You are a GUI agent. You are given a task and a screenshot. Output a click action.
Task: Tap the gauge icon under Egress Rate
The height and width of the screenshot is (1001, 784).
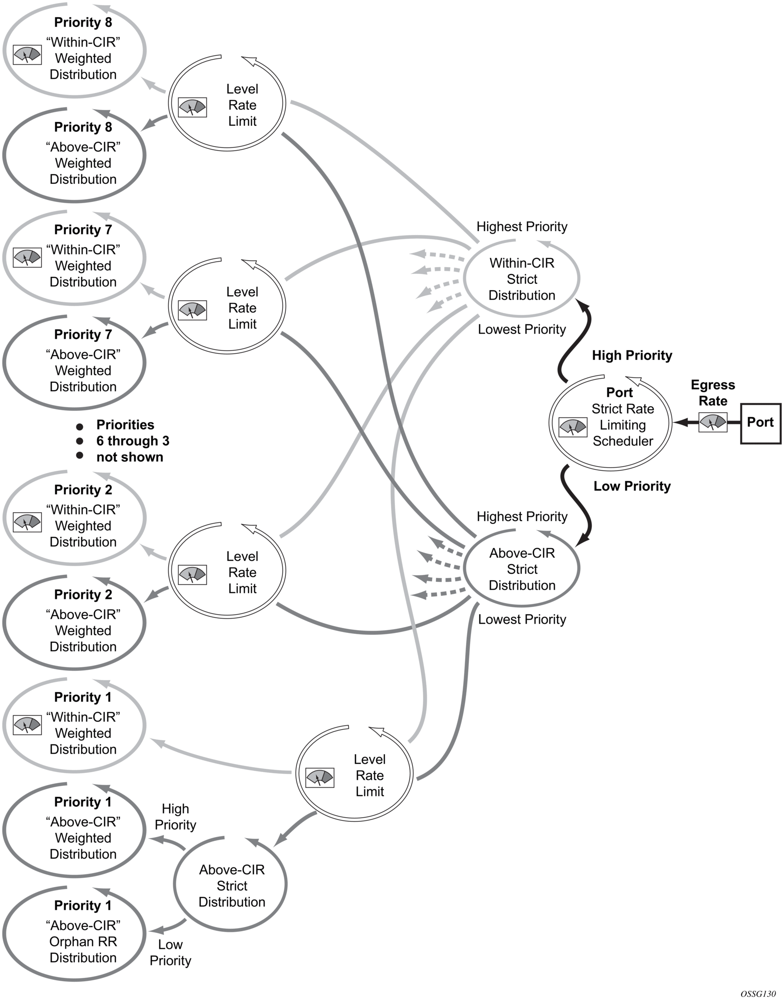coord(713,422)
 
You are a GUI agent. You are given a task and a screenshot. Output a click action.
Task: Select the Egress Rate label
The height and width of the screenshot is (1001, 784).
coord(713,392)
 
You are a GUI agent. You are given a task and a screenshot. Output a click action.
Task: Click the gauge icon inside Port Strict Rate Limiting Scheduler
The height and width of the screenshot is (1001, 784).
coord(572,427)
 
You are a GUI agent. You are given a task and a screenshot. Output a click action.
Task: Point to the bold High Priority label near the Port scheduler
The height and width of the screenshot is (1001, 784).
coord(632,355)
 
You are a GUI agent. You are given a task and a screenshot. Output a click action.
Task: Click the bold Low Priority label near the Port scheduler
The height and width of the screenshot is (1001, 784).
coord(632,486)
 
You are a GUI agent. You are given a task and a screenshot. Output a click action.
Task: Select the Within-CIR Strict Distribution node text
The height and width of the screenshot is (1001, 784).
coord(522,279)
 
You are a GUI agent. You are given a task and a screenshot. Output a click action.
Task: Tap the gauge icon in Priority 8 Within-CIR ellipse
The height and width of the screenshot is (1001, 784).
coord(27,54)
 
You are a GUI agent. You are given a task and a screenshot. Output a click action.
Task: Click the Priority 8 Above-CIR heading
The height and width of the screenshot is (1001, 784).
coord(83,127)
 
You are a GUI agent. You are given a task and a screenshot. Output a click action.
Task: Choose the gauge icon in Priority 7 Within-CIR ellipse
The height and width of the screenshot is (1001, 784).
coord(27,258)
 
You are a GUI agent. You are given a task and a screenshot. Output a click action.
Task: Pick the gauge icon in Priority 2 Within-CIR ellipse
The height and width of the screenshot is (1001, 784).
coord(27,521)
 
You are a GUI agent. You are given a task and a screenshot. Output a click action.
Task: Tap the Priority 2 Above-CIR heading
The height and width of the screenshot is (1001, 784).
coord(83,595)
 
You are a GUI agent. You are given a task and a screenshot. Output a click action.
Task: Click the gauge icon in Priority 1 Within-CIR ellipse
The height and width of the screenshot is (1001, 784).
coord(27,725)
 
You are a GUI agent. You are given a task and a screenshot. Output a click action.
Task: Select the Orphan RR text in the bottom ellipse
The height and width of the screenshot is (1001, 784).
coord(83,942)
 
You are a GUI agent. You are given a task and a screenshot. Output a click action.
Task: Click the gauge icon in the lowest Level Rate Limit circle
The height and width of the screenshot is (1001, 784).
coord(320,778)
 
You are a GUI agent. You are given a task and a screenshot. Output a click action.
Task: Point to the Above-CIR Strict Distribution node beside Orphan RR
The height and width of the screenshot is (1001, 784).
coord(232,885)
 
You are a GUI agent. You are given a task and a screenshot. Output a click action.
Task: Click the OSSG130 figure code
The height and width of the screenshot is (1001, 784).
coord(758,994)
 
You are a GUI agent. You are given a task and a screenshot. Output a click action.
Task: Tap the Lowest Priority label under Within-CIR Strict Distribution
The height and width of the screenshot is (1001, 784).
coord(522,329)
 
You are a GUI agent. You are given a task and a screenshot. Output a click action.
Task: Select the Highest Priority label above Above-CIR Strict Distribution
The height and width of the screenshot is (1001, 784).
coord(522,516)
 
